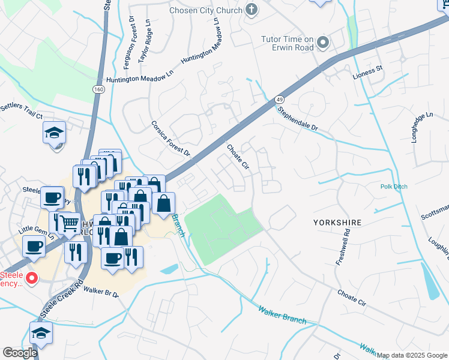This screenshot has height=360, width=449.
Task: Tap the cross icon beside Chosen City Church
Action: click(252, 10)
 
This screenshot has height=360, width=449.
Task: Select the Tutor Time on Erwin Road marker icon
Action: click(323, 42)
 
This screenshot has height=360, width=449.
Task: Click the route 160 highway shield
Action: click(97, 89)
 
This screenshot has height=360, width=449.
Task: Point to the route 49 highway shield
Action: click(280, 98)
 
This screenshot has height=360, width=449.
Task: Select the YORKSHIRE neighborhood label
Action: click(337, 223)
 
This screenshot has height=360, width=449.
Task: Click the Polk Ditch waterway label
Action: click(394, 187)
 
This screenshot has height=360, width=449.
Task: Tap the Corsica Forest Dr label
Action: click(170, 137)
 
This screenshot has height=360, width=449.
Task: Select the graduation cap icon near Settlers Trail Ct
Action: click(54, 133)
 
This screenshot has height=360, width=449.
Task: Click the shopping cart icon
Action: click(70, 224)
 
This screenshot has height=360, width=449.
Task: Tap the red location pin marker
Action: click(32, 278)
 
